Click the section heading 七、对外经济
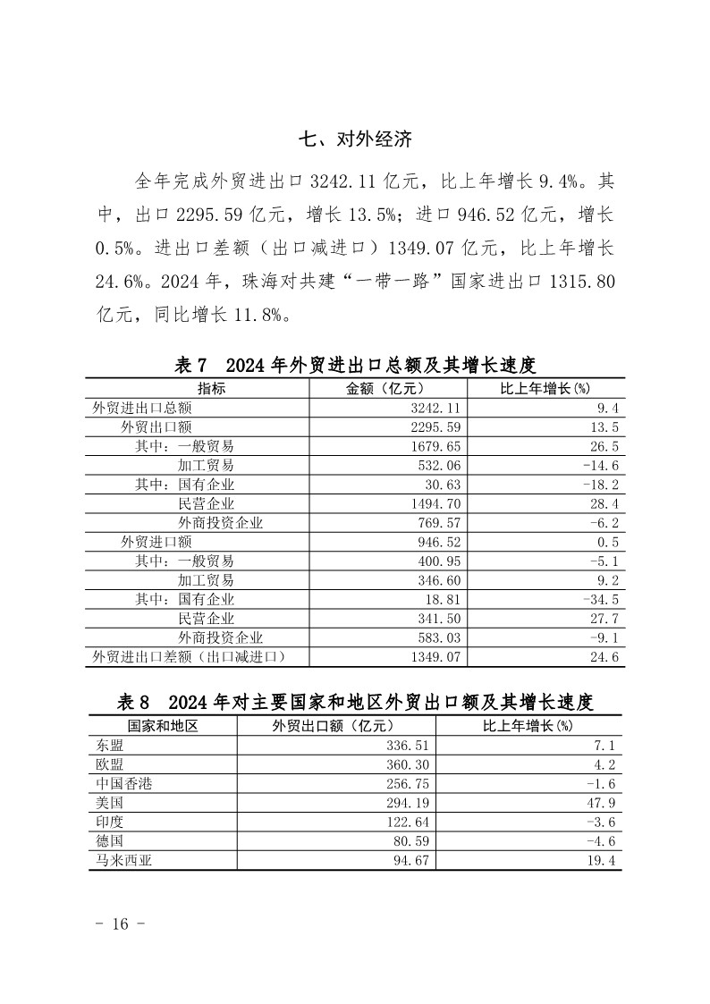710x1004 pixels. [x=354, y=139]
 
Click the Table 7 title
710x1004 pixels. [x=354, y=365]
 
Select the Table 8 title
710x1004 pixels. [x=355, y=702]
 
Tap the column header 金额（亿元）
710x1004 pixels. [x=386, y=388]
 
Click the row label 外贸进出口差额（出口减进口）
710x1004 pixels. [x=189, y=657]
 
